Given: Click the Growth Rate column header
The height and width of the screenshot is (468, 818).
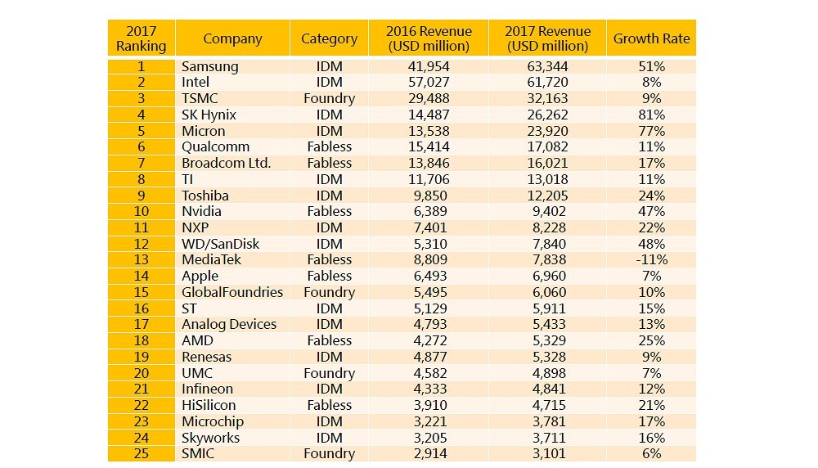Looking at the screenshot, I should coord(651,38).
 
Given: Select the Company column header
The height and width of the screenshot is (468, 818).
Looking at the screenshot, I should coord(232,38).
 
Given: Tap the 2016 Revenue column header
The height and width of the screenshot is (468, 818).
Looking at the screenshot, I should coord(429,38).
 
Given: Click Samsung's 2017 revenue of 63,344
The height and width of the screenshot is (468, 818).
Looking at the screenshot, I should coord(546,66).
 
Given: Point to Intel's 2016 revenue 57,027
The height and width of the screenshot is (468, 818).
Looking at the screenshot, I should coord(429,82).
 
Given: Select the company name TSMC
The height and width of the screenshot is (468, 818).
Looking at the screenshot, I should coord(200,98).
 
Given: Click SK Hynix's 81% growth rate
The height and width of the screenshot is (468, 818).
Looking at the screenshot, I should coord(651,115).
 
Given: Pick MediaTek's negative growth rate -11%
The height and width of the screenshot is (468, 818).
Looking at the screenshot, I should coord(651,259).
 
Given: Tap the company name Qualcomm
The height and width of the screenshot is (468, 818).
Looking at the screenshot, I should coord(215,146).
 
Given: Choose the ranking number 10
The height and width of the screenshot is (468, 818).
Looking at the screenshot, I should coord(141,211).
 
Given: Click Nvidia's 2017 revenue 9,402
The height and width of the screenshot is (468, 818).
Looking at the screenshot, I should coord(546,211).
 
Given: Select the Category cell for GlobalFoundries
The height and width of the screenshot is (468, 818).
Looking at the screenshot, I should coord(328,292).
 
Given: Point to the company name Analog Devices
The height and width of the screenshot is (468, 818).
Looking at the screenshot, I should coord(229,324).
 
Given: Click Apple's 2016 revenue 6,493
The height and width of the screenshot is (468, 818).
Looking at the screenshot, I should coord(429,276).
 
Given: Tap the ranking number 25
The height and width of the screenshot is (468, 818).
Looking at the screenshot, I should coord(141,453).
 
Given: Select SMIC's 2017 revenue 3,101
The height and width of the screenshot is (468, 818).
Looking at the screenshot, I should coord(546,453).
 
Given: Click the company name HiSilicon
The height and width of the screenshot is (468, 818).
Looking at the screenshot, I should coord(209,405).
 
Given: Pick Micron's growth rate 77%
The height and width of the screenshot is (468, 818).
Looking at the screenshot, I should coord(651,131).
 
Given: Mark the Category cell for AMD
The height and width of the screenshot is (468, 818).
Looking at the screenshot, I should coord(328,340).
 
